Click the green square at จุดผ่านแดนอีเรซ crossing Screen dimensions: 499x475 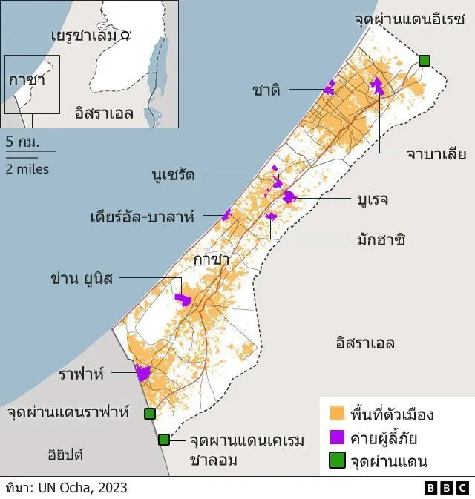(425, 61)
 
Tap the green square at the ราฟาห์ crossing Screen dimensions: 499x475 (150, 413)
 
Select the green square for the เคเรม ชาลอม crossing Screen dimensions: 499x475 (164, 440)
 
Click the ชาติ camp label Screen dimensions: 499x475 (266, 90)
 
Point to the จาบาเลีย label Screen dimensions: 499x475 (436, 154)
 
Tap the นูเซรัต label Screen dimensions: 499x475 (171, 175)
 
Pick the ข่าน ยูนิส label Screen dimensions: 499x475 (82, 279)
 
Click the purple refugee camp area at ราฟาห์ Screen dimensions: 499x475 (142, 373)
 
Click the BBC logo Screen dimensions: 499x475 (447, 487)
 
